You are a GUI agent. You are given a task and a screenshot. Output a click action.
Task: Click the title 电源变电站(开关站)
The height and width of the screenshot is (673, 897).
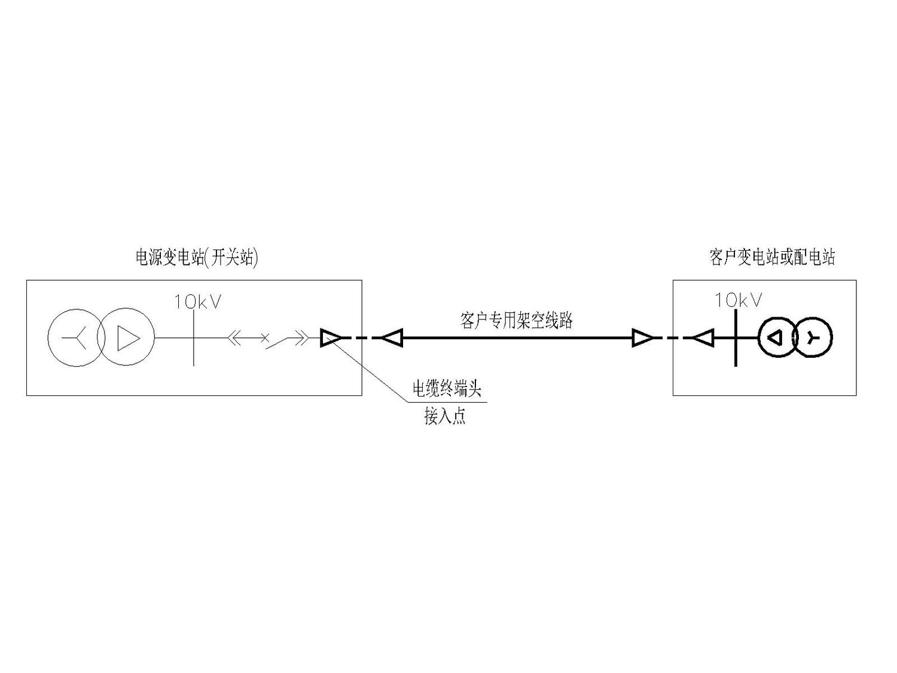click(197, 258)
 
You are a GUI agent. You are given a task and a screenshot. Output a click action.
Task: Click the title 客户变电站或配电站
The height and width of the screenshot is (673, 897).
click(773, 257)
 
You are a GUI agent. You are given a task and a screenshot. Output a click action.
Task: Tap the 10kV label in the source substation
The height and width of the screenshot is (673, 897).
click(198, 302)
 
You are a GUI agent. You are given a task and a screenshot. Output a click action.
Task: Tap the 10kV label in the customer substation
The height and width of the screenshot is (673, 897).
click(738, 300)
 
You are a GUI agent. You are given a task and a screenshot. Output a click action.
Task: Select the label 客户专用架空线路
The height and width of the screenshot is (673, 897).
click(517, 321)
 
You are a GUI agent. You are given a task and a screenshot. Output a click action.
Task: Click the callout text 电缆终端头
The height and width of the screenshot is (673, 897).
click(447, 389)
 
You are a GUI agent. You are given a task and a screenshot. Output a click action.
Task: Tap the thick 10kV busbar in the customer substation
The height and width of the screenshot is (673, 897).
click(736, 338)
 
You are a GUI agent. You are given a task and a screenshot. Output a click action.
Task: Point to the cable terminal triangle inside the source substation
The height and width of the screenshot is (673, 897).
click(330, 338)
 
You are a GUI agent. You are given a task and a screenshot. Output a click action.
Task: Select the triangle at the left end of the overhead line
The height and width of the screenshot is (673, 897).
click(392, 338)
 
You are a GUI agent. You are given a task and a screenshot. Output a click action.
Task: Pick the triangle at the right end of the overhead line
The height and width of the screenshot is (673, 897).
click(643, 338)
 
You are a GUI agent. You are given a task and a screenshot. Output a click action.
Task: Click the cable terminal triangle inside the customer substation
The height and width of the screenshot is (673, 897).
click(704, 338)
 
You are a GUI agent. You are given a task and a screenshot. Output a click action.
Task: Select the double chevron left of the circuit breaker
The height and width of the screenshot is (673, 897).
click(234, 338)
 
